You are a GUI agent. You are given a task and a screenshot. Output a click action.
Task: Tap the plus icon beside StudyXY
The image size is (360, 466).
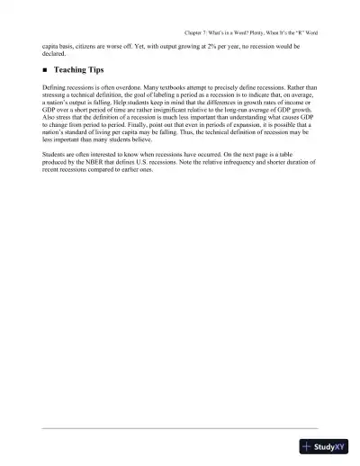[x=308, y=447]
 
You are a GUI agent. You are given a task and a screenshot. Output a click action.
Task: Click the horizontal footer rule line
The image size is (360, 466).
[x=180, y=428]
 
